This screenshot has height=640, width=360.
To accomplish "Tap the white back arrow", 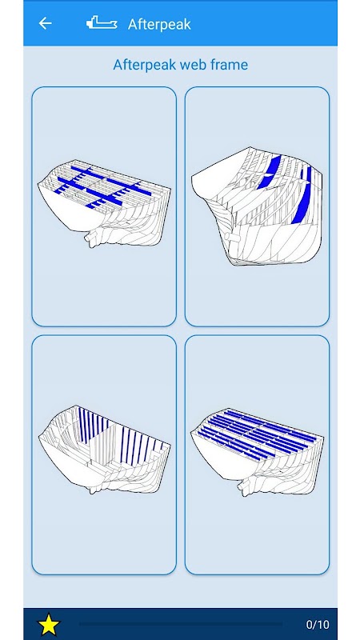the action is [x=45, y=24].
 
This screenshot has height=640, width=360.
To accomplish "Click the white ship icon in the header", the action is [x=102, y=23].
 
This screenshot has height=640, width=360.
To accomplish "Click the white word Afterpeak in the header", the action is [x=159, y=25].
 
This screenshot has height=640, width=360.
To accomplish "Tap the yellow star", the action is [x=49, y=624].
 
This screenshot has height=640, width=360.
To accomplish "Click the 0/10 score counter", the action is [x=318, y=625].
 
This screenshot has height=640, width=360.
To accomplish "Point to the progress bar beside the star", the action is [x=181, y=624].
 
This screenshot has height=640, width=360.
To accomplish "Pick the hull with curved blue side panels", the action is [x=257, y=206].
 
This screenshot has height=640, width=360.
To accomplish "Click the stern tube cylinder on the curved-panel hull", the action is [x=231, y=238].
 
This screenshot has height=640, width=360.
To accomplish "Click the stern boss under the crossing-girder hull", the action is [x=94, y=238].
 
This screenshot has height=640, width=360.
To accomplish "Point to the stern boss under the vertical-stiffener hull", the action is [x=94, y=486].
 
